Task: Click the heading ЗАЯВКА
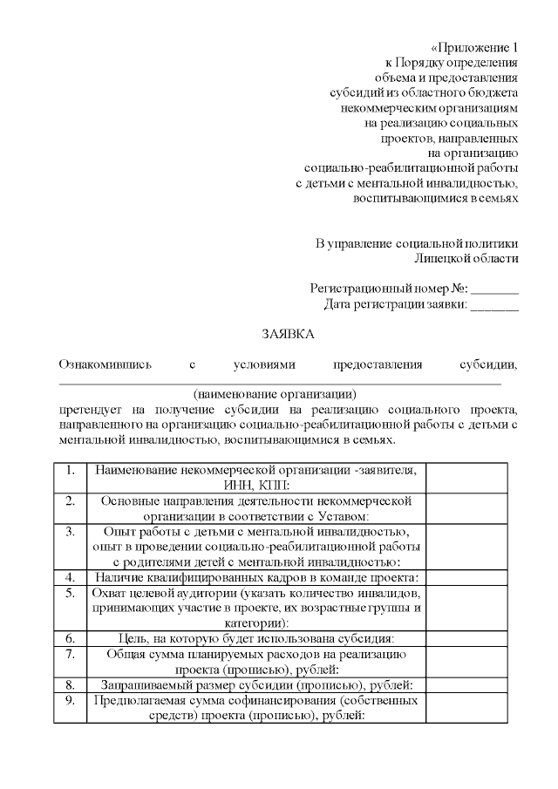point(289,334)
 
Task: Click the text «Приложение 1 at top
point(475,46)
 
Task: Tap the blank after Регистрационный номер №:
point(495,289)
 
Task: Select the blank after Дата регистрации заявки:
point(495,305)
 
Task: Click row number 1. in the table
point(70,470)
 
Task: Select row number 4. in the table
point(70,576)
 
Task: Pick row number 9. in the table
point(70,700)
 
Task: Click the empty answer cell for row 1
point(466,478)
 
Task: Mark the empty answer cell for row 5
point(466,607)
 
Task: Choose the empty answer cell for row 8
point(466,684)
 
